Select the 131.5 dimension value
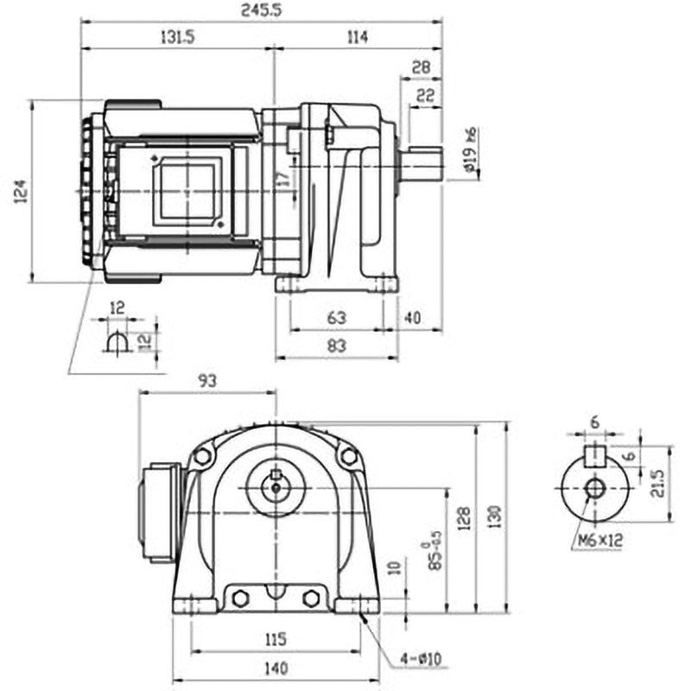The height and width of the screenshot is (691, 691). click(x=175, y=36)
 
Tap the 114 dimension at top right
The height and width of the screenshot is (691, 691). click(x=356, y=36)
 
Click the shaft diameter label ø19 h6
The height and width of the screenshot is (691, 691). click(x=471, y=150)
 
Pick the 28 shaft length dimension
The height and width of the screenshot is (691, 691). click(x=421, y=67)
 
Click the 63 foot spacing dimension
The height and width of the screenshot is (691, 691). click(x=337, y=318)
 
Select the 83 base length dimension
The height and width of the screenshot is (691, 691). click(x=337, y=346)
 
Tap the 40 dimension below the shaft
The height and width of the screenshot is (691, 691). click(x=412, y=318)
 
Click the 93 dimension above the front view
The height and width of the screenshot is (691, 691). click(x=206, y=379)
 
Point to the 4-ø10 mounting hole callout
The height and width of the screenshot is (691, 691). click(x=421, y=660)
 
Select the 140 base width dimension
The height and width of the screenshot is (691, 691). click(x=275, y=668)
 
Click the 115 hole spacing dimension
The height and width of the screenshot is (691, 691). click(x=275, y=639)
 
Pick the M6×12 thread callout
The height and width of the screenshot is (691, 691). click(x=596, y=542)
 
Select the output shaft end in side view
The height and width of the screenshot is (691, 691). click(x=422, y=163)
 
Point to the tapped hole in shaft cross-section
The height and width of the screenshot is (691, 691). click(x=594, y=488)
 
